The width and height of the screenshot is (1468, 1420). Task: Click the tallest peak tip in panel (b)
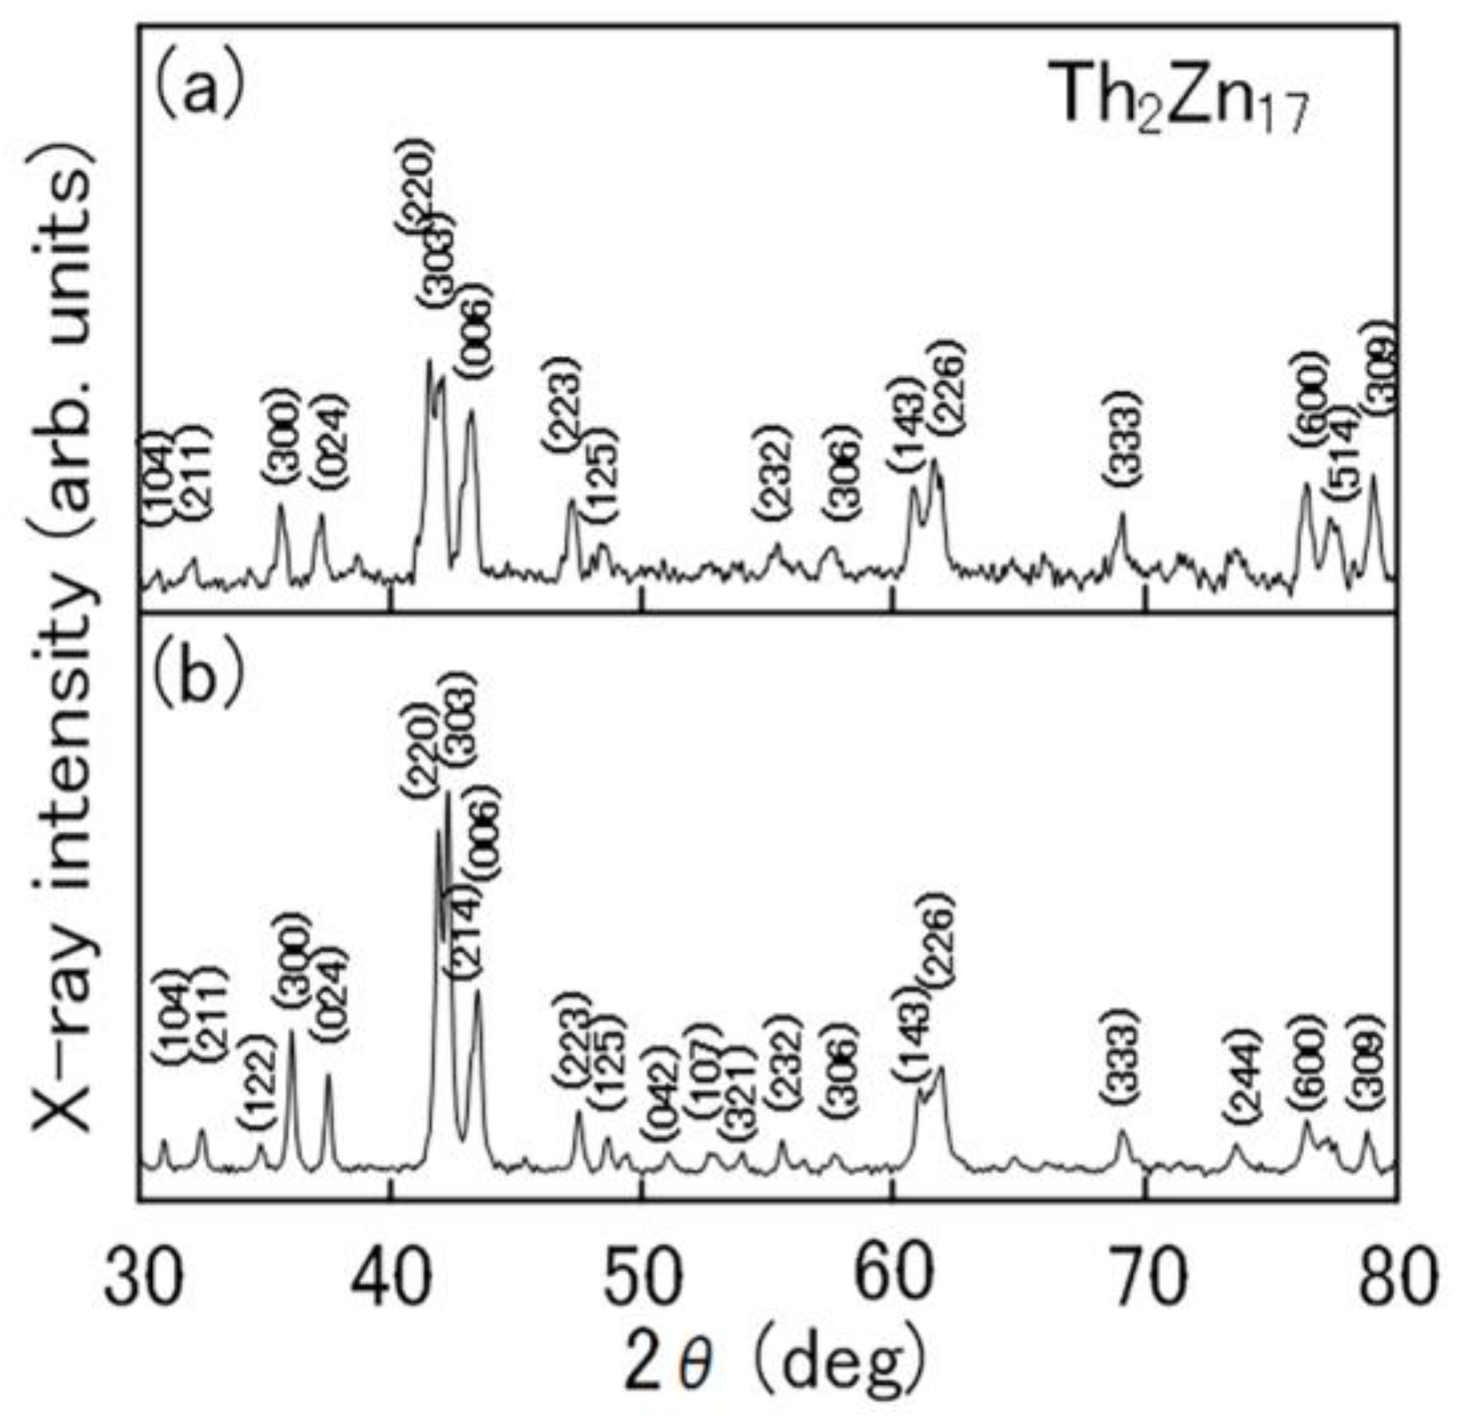click(448, 792)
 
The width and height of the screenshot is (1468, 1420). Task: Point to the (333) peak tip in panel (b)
click(1122, 1131)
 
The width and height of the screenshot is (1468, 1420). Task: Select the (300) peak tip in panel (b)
click(292, 1030)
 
